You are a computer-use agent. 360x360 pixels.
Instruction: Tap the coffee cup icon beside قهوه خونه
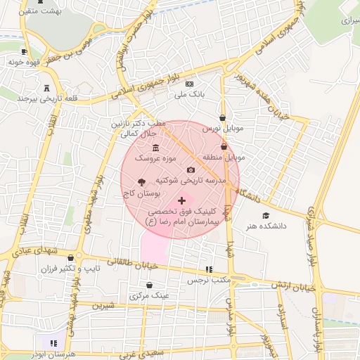25,51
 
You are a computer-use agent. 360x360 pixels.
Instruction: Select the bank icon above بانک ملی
188,84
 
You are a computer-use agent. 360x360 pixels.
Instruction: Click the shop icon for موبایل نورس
223,118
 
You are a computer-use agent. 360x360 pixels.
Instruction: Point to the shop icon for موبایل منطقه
224,147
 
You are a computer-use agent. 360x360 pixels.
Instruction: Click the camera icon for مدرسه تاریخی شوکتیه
191,169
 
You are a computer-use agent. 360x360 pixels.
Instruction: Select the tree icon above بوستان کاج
143,181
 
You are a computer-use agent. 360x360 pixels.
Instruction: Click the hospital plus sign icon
182,200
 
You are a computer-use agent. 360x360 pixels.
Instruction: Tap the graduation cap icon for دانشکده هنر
266,215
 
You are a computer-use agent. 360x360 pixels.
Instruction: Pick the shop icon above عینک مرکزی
150,285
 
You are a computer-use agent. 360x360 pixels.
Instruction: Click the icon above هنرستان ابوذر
53,343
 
